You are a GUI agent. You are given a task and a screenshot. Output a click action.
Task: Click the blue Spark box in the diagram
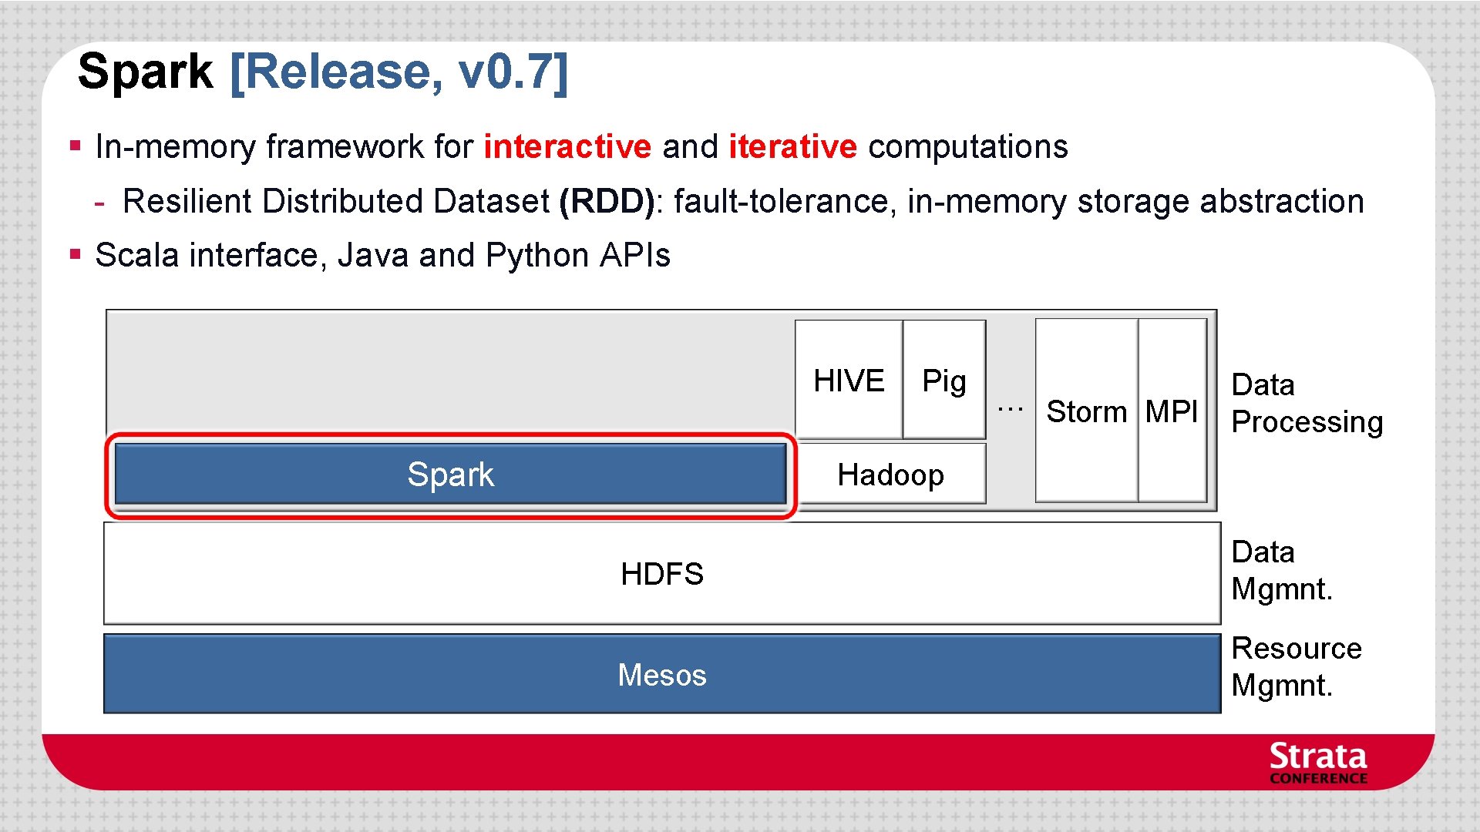[450, 475]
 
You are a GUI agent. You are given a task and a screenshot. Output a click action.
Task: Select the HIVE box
[849, 381]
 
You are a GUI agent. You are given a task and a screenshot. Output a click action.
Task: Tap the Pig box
[944, 381]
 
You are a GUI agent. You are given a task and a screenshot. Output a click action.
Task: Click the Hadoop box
[890, 475]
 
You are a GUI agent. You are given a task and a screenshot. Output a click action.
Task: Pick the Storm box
[1086, 411]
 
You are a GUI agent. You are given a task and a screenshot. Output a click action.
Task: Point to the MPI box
[1172, 411]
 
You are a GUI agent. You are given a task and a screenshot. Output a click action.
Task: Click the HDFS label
[662, 574]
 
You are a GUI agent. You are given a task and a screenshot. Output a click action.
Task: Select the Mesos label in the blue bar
[662, 675]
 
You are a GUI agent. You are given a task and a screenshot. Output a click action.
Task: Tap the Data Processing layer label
[1307, 403]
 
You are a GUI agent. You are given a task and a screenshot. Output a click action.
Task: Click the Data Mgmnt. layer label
[1282, 571]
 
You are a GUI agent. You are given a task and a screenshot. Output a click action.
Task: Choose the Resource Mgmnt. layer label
[1297, 666]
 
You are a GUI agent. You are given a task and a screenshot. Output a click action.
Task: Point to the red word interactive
[567, 146]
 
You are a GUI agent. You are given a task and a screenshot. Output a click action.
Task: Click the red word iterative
[792, 146]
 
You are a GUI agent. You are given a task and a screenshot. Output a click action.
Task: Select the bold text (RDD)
[607, 201]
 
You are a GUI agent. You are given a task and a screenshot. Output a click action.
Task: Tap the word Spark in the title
[145, 72]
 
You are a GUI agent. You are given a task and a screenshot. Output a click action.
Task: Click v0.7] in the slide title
[513, 72]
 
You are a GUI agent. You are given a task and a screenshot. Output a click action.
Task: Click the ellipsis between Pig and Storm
[1010, 408]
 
